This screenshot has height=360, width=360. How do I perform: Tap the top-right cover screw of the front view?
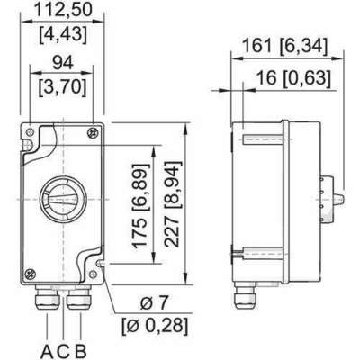(x=93, y=134)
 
